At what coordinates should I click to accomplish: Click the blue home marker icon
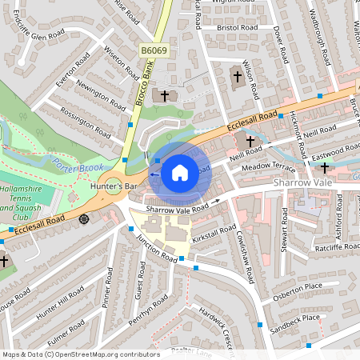tap(180, 172)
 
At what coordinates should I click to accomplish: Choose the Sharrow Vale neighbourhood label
tap(302, 183)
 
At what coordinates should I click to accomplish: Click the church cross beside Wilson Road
tap(237, 78)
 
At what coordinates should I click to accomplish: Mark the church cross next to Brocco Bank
tap(165, 95)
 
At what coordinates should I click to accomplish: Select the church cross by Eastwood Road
tap(324, 167)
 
